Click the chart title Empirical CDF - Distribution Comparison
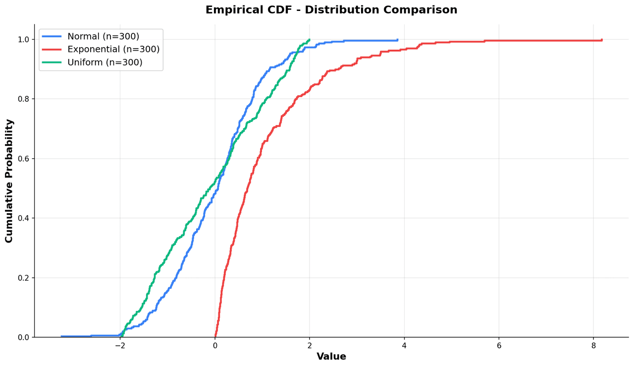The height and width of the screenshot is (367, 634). point(331,10)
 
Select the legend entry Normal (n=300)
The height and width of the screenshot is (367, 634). point(103,37)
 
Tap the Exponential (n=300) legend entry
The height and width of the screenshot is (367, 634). point(113,50)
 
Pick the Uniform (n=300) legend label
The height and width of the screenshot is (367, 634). point(105,62)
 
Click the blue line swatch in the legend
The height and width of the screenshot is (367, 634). point(52,37)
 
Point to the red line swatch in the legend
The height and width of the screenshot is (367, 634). point(52,50)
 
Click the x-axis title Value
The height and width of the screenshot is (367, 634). point(331,357)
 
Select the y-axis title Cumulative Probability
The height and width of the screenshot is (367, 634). point(9,181)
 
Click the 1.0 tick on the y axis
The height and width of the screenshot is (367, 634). point(23,39)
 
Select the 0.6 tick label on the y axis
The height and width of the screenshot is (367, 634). point(23,159)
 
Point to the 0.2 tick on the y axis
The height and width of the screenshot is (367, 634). point(23,278)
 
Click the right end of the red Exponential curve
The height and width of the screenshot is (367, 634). point(602,40)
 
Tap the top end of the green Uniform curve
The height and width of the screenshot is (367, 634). point(310,40)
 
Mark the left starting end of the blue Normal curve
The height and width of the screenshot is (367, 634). point(61,336)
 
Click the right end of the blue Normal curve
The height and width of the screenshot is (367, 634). point(397,40)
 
